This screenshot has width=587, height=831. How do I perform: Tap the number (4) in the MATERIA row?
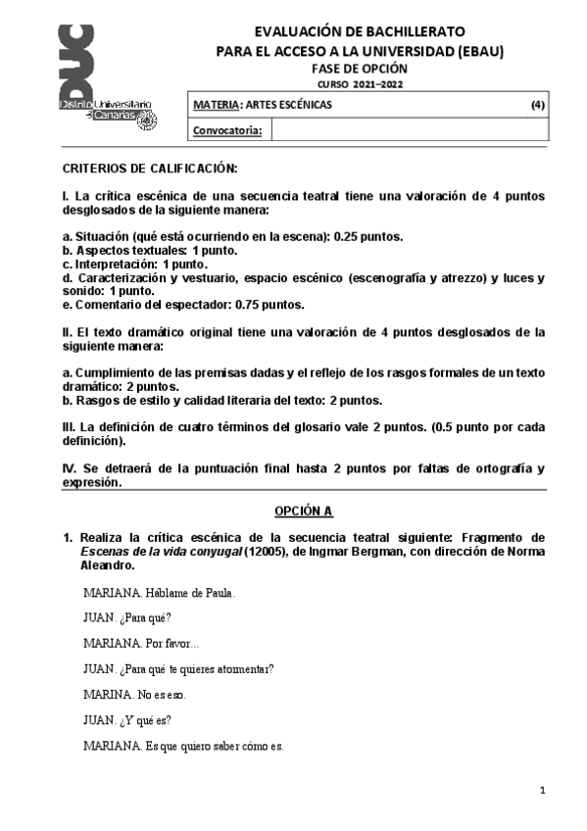pos(537,105)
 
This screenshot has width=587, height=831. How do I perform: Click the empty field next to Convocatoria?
pos(407,129)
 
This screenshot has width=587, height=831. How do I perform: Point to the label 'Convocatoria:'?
pos(227,129)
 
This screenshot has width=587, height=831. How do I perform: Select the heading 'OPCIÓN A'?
pos(304,512)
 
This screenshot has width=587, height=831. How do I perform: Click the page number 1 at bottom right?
pos(541,790)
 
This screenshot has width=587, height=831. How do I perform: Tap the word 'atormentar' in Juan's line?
pos(242,668)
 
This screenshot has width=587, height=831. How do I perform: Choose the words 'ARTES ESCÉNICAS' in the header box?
pos(289,105)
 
